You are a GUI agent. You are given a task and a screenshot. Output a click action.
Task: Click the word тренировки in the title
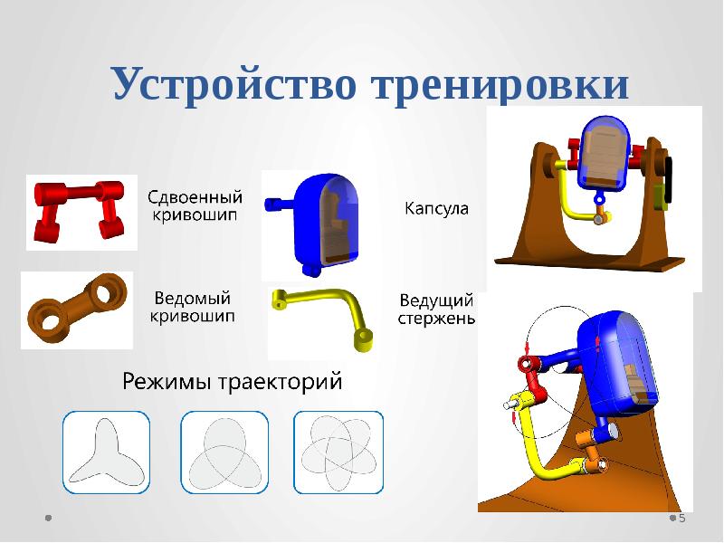coord(500,85)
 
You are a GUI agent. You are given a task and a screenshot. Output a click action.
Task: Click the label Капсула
coord(435,209)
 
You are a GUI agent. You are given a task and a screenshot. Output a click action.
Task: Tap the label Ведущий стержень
coord(437,308)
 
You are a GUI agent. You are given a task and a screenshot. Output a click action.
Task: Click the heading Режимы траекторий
coord(233,382)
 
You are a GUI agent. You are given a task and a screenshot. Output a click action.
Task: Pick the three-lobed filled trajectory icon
coord(105,452)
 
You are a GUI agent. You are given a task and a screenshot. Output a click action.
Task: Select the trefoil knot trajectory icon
coord(224,452)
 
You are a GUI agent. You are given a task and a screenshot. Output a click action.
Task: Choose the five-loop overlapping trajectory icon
coord(338,452)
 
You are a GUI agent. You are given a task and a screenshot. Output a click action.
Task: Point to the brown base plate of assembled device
coord(597,263)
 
